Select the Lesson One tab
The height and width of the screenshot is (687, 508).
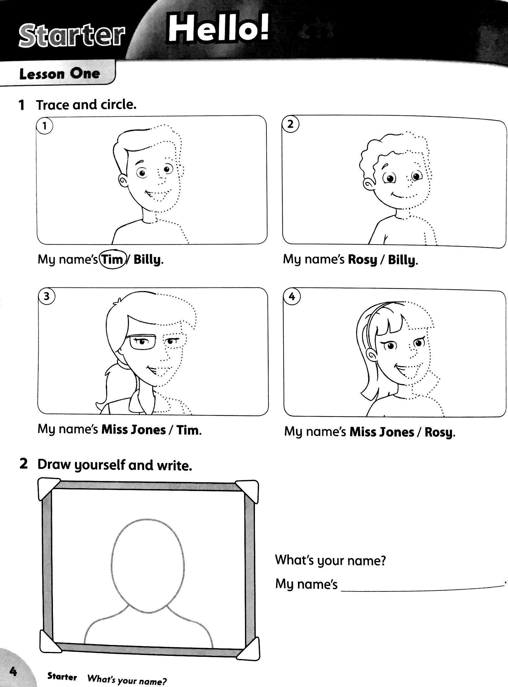tap(59, 74)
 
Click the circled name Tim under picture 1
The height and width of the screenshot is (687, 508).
tap(112, 259)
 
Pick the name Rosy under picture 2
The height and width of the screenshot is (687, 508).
tap(362, 260)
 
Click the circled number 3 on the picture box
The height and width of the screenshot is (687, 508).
tap(46, 296)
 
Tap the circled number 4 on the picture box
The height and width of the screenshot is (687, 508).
tap(292, 297)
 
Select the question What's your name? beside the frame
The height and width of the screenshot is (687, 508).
tap(331, 561)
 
